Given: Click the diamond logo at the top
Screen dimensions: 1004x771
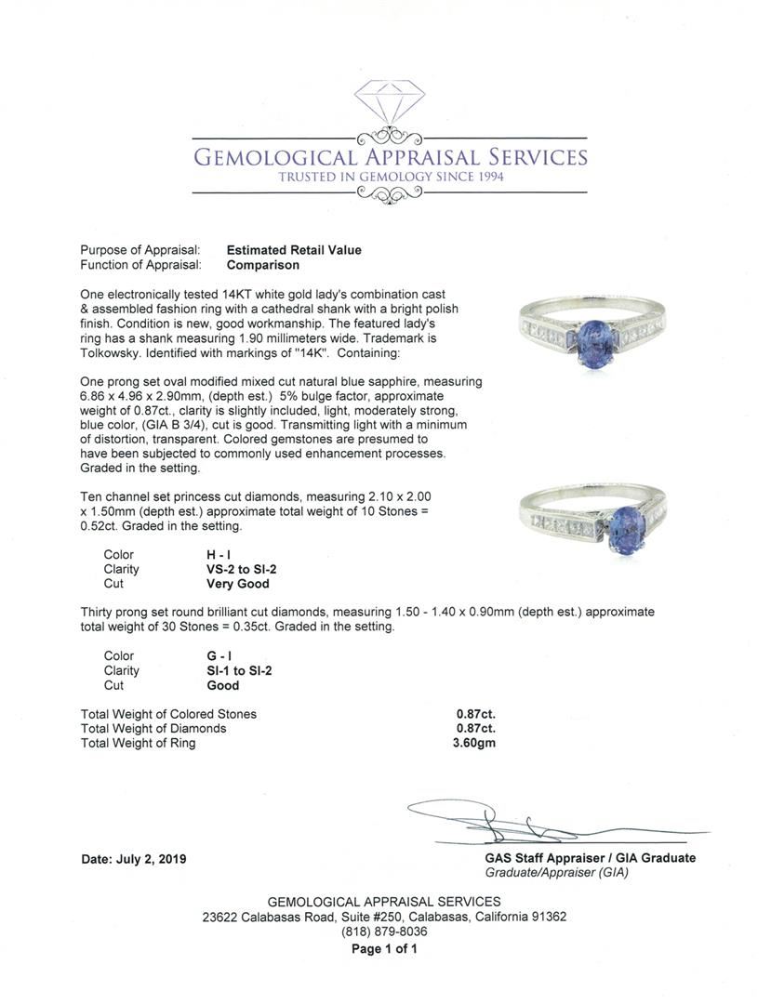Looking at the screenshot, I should coord(390,103).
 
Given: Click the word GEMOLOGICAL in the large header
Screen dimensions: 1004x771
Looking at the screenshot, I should coord(274,157).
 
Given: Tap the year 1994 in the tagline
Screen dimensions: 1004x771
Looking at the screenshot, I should coord(485,177).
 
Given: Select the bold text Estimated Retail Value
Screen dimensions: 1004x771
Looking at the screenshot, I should coord(294,250).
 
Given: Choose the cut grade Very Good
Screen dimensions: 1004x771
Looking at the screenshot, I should coord(237,584).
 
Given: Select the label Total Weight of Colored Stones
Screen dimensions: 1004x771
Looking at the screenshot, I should coord(168,714).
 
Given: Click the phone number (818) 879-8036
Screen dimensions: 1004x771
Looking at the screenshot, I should coord(384,931).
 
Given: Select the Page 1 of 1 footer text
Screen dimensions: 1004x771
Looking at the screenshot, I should coord(384,949).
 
